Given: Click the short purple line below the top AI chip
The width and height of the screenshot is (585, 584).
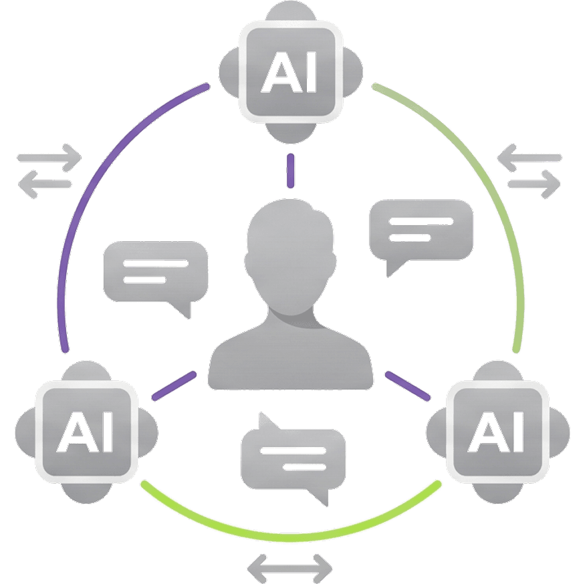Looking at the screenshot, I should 290,170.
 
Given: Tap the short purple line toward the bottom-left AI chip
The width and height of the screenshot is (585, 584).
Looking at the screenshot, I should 174,386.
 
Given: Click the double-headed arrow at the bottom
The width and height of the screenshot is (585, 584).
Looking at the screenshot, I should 289,567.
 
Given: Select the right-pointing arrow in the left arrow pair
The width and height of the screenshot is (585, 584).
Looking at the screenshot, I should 49,158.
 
